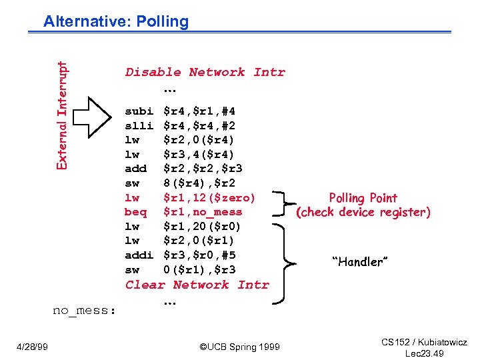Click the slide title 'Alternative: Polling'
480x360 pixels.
coord(116,21)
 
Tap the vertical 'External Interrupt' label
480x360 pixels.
coord(62,115)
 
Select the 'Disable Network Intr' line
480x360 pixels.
coord(205,72)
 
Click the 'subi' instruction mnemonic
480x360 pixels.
coord(139,111)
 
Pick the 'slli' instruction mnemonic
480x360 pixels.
coord(139,125)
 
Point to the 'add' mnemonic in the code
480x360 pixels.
coord(135,169)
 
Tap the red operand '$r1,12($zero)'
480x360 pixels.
coord(209,197)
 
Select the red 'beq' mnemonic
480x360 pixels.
coord(135,212)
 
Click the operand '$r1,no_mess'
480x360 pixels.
coord(203,212)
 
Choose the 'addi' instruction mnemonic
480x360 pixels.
coord(139,255)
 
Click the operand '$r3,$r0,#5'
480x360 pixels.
coord(199,255)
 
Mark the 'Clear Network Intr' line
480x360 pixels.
coord(197,285)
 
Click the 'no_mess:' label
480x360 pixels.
coord(84,310)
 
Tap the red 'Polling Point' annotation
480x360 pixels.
coord(363,198)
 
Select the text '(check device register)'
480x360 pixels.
coord(363,213)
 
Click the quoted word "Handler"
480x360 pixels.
coord(358,262)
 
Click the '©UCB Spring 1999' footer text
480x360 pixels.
coord(240,347)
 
